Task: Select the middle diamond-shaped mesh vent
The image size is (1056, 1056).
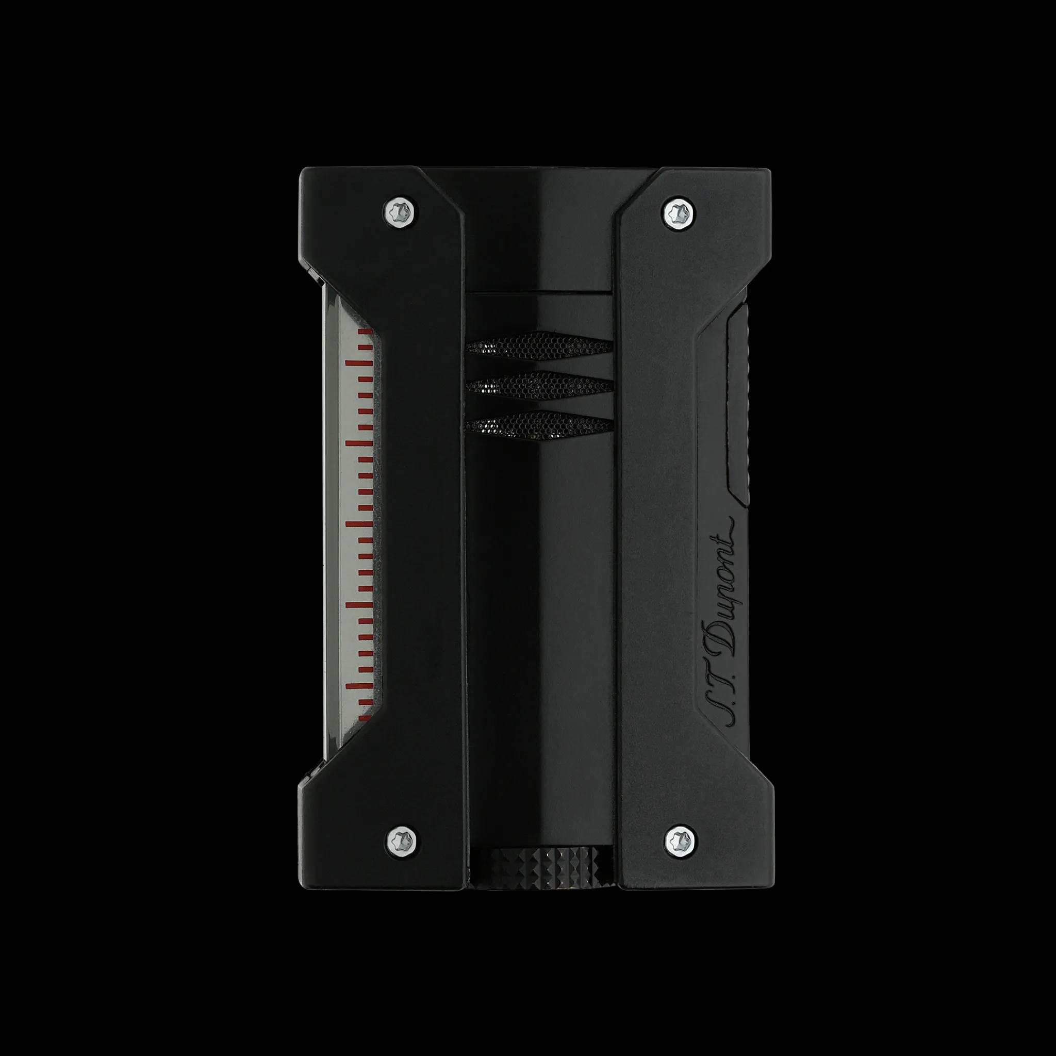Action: tap(539, 386)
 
